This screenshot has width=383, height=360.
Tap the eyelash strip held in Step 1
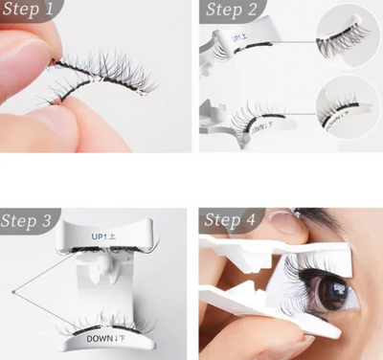(96, 77)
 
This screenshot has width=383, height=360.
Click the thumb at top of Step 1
(24, 48)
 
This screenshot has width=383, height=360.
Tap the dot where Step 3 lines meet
(12, 289)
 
